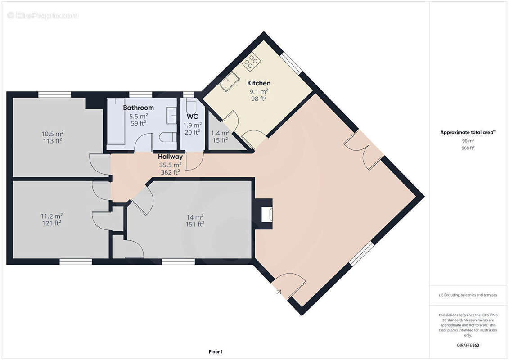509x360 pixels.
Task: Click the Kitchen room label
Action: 259,83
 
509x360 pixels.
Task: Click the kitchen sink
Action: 229,81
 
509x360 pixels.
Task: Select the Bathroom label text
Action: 138,108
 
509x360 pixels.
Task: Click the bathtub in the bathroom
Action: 116,121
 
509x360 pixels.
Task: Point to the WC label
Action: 192,117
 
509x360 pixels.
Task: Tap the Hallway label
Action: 171,157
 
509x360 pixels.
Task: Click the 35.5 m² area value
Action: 170,165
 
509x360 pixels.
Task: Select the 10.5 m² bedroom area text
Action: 52,134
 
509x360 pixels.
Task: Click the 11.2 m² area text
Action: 52,216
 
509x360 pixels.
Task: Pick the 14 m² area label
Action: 195,217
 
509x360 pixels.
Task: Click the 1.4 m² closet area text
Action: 220,133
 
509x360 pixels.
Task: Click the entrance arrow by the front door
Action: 279,292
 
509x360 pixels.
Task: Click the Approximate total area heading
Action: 468,132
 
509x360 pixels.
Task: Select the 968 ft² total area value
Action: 468,148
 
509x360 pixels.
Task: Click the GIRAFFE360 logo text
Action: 468,345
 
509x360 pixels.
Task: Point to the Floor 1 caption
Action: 216,352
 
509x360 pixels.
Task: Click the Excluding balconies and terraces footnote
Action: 468,295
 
